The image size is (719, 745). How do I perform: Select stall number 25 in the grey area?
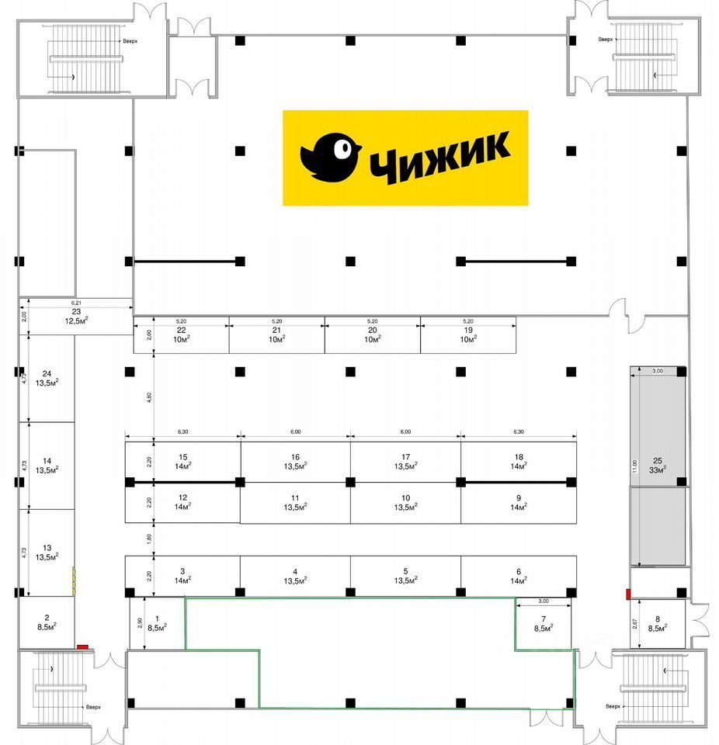658,464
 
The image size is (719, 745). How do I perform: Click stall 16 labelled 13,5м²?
295,462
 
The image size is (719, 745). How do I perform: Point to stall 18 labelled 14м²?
518,462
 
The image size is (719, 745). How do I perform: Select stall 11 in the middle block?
295,502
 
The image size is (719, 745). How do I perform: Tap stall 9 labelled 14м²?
518,502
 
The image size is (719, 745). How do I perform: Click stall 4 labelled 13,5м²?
295,575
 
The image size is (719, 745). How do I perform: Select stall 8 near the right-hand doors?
658,625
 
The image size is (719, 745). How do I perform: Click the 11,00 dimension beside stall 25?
634,466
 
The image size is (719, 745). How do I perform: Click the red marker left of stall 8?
627,594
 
